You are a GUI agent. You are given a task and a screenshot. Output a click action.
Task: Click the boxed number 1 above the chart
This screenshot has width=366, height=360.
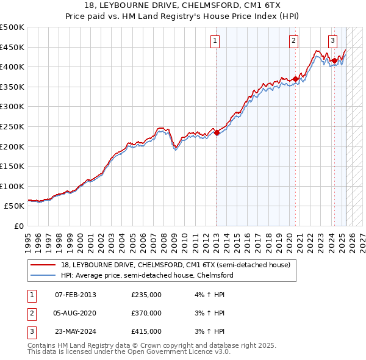[x=215, y=41]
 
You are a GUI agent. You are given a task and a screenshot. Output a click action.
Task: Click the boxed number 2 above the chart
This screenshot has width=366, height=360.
[x=293, y=41]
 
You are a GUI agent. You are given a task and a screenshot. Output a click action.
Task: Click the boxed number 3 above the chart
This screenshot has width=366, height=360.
[x=332, y=41]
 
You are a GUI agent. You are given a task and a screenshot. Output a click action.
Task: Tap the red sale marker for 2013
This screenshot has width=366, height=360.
[x=217, y=132]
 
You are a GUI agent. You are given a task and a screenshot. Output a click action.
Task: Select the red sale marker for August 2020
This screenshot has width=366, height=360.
[x=295, y=79]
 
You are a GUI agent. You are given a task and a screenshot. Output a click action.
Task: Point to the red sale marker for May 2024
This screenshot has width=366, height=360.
[x=334, y=60]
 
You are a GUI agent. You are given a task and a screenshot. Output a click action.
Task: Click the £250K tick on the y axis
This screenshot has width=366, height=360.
[x=12, y=126]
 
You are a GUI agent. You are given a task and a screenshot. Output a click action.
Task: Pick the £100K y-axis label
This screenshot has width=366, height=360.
[x=12, y=186]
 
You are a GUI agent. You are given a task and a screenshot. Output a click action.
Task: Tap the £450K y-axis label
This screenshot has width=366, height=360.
[x=12, y=47]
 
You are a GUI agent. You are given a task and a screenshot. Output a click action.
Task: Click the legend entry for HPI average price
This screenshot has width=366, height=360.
[x=146, y=275]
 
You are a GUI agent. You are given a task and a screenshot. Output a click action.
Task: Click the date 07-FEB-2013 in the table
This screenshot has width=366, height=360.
[x=76, y=295]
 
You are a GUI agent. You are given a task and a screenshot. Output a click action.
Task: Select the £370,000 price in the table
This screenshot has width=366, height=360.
[x=146, y=313]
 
